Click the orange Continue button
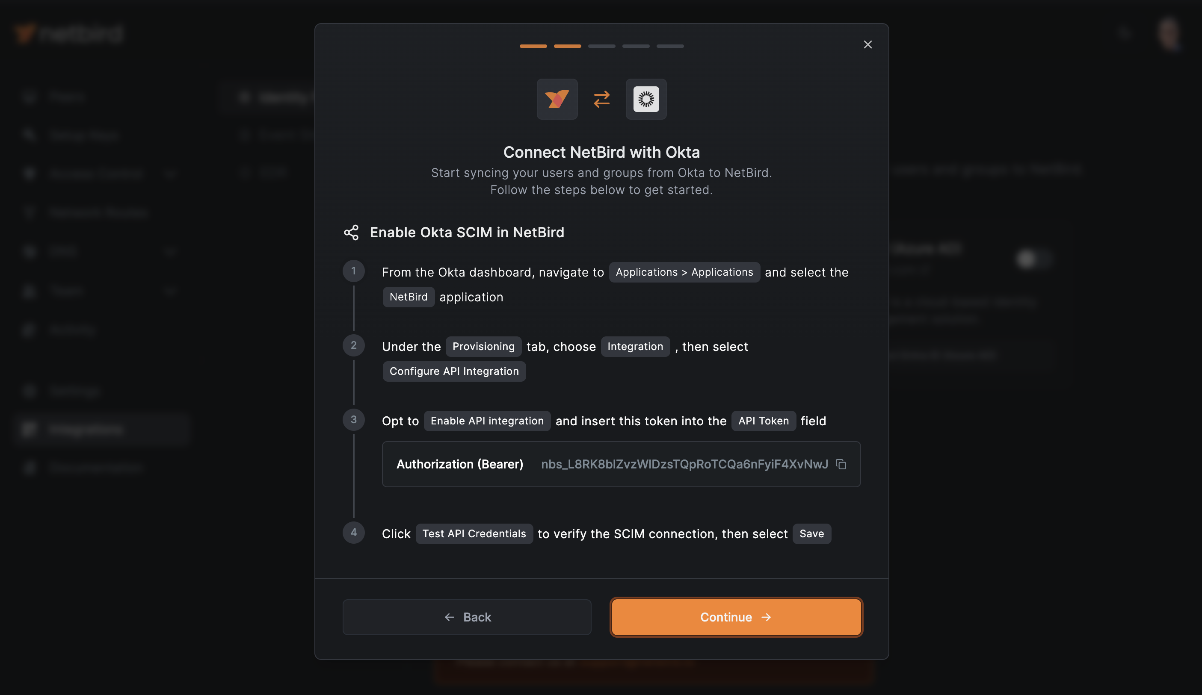click(x=736, y=617)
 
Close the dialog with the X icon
click(x=867, y=44)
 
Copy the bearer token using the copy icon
click(x=841, y=464)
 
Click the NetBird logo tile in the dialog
click(x=557, y=99)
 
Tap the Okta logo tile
click(x=646, y=99)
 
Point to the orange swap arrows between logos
click(x=601, y=99)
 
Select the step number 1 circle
click(x=353, y=271)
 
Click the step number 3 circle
click(x=353, y=419)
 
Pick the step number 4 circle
click(x=353, y=533)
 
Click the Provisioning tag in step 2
click(x=483, y=347)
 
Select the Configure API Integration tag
click(x=453, y=371)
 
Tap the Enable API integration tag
click(x=486, y=421)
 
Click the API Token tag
click(x=763, y=421)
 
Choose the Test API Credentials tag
click(x=474, y=534)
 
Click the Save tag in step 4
click(x=811, y=534)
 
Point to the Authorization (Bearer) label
click(x=459, y=464)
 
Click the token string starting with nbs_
click(x=684, y=464)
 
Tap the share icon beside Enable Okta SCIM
click(x=351, y=233)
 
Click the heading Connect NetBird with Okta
click(x=601, y=152)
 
